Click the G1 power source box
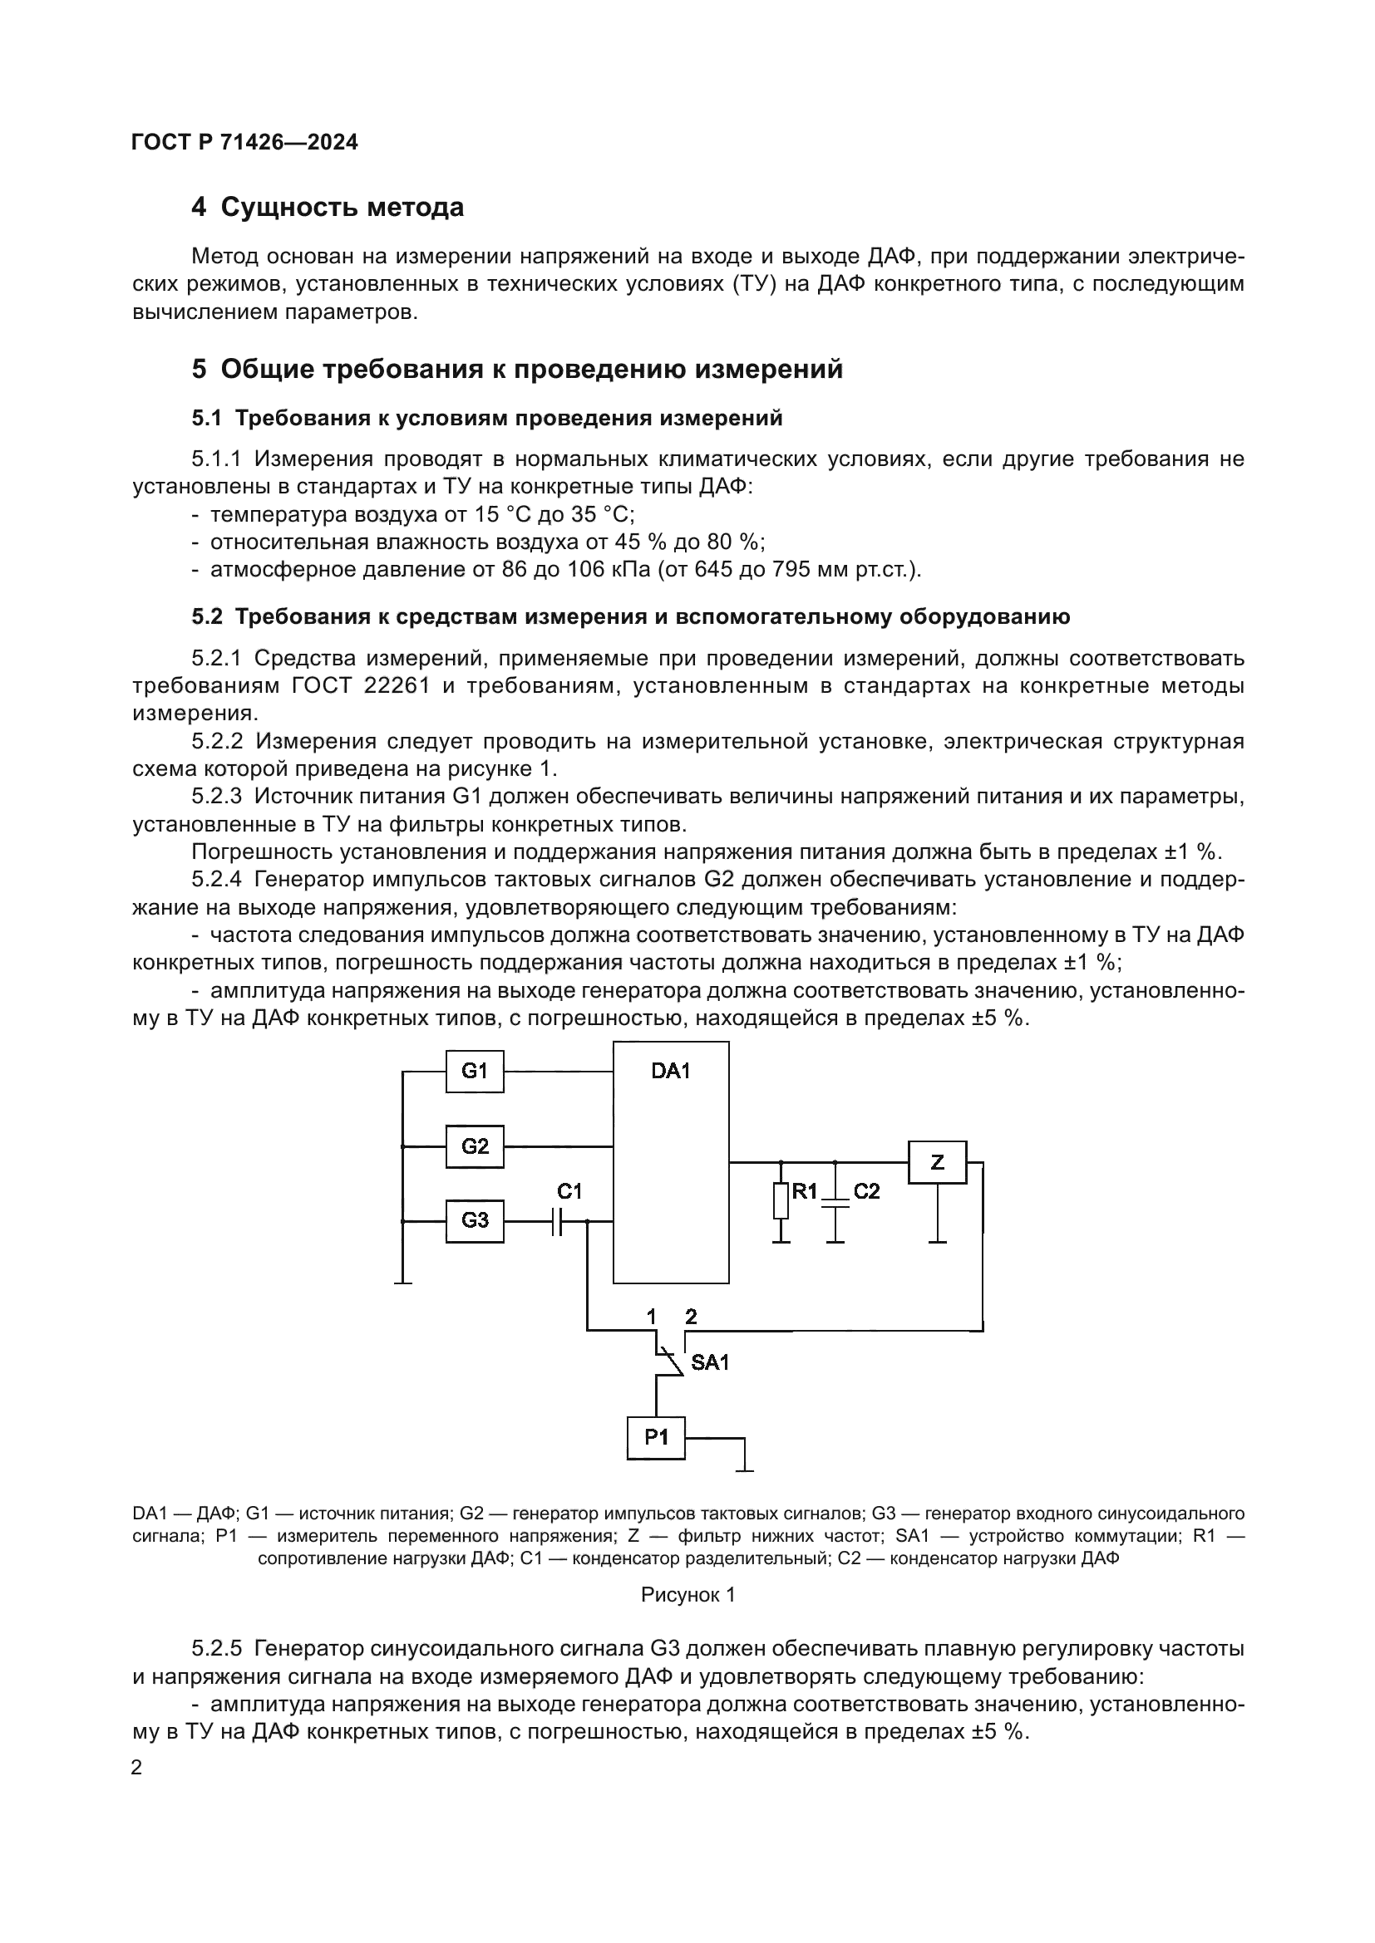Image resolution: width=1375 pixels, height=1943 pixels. coord(474,1072)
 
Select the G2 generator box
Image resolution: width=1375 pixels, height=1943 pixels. coord(474,1146)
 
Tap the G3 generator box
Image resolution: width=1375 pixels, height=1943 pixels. coord(474,1220)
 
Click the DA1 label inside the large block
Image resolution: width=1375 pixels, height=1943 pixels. coord(671,1072)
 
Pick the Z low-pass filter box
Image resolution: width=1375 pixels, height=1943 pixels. coord(936,1163)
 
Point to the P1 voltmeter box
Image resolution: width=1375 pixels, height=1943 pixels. coord(656,1437)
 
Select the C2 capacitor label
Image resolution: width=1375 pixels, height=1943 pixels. coord(866,1191)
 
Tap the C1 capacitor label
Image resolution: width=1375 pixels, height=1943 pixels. coord(569,1191)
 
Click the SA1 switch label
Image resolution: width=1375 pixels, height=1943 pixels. coord(709,1362)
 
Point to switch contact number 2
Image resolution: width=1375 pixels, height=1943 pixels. coord(691,1317)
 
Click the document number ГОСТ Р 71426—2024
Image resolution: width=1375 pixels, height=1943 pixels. coord(244,142)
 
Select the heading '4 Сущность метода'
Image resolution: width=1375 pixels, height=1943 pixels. coord(328,208)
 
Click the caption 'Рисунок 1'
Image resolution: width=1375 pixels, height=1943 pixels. coord(687,1595)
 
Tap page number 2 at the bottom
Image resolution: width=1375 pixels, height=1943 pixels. coord(136,1767)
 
